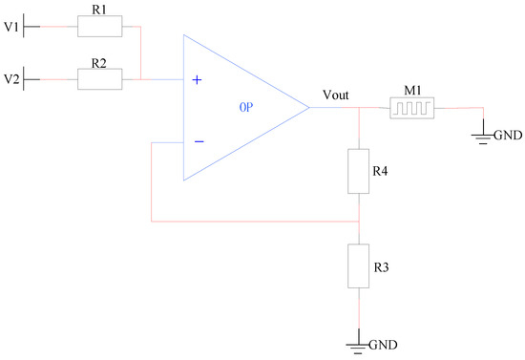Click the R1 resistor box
[98, 28]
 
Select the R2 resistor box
[98, 79]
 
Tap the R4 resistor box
[358, 172]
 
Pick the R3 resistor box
[358, 265]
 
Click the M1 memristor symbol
[411, 108]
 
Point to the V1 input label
[10, 27]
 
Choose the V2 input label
[10, 79]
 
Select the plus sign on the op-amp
[198, 80]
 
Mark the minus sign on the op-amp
[198, 142]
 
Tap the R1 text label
[99, 11]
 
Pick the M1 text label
[411, 90]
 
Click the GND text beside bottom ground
[383, 345]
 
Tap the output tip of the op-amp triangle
[310, 108]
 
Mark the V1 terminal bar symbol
[25, 27]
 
